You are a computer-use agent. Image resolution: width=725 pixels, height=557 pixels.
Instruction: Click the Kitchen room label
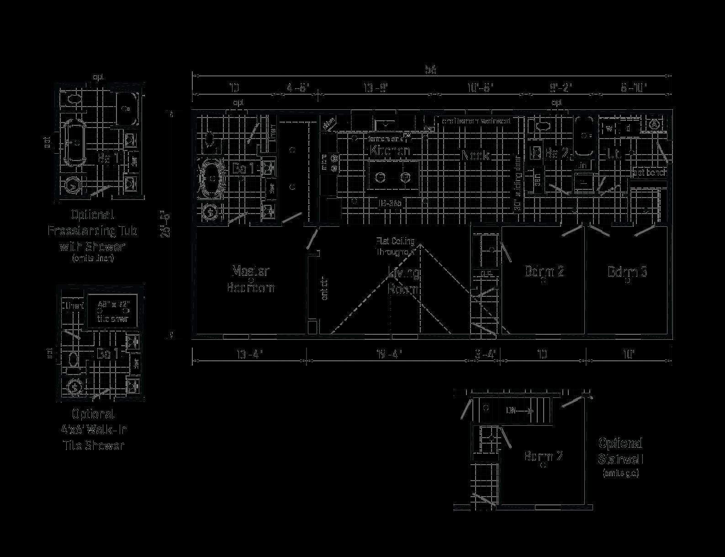[x=390, y=150]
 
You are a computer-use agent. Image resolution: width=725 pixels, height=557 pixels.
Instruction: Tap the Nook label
[x=475, y=155]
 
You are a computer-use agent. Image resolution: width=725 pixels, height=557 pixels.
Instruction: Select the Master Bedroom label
[x=251, y=279]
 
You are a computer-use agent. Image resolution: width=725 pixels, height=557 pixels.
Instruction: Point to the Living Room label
[x=404, y=281]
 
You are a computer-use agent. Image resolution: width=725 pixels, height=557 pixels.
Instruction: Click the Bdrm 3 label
[x=627, y=272]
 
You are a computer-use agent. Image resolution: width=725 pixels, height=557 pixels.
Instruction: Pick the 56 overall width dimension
[x=431, y=70]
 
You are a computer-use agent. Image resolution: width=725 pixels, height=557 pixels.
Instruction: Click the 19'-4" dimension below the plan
[x=389, y=354]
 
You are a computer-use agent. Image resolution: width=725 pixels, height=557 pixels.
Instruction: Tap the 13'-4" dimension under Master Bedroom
[x=249, y=354]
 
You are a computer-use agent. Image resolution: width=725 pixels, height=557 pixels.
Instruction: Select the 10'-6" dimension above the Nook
[x=480, y=87]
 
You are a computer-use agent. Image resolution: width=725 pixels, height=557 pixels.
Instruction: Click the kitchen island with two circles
[x=393, y=177]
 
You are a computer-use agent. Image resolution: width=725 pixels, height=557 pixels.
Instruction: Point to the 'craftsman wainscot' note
[x=476, y=121]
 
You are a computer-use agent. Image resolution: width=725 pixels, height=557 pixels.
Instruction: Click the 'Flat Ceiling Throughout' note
[x=395, y=246]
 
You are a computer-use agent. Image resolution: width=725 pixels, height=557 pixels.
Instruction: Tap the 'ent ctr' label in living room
[x=325, y=288]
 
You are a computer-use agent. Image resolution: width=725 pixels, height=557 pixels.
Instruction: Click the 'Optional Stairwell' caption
[x=620, y=451]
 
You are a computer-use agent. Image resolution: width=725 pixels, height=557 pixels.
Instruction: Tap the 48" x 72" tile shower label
[x=112, y=311]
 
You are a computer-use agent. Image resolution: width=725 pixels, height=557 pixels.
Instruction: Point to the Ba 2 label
[x=556, y=154]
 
